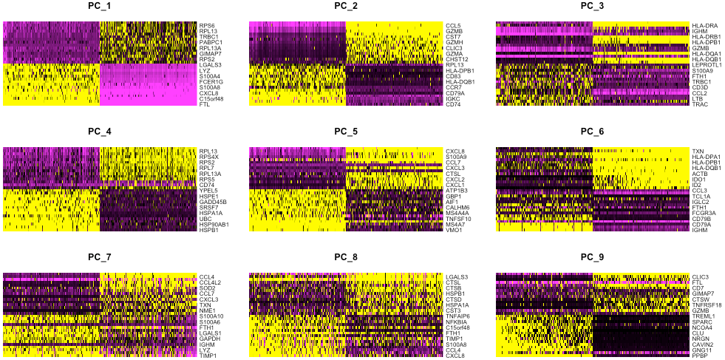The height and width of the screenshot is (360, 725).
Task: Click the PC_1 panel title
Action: coord(100,7)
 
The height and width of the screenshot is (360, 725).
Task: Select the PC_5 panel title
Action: coord(346,132)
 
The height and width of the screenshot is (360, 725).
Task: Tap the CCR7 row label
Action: coord(454,87)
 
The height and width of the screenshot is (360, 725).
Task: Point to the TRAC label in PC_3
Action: coord(700,104)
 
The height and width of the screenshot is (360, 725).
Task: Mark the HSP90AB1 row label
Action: coord(214,224)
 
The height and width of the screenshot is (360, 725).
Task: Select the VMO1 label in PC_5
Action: coord(454,229)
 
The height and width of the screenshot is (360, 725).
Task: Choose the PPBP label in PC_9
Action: coord(700,356)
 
